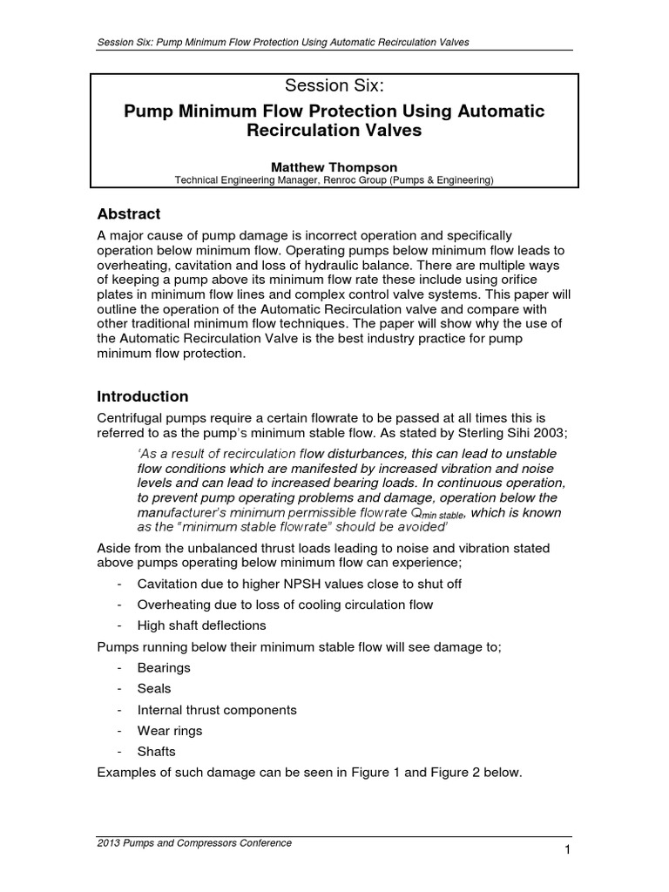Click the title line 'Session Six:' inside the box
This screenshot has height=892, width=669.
pos(334,85)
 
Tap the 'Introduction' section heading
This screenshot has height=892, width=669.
pos(142,396)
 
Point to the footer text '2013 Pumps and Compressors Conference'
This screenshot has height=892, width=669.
pos(194,842)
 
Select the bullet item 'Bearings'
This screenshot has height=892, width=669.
pos(164,667)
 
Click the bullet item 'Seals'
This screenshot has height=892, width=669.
pos(154,688)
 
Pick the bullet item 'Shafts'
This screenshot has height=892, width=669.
pos(157,752)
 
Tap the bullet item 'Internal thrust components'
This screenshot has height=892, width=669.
pos(217,710)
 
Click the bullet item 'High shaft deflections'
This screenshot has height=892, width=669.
pos(201,625)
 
